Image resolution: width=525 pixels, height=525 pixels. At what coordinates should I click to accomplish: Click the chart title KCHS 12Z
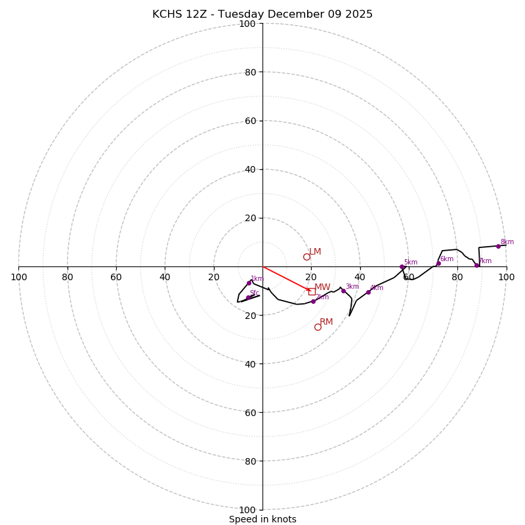(262, 14)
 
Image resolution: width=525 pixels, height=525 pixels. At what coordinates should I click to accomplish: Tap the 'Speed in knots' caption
(262, 519)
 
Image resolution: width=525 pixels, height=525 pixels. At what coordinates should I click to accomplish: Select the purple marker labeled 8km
(498, 246)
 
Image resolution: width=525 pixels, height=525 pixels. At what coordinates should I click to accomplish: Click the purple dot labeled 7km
(477, 265)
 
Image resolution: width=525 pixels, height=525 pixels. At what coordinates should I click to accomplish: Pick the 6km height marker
(438, 264)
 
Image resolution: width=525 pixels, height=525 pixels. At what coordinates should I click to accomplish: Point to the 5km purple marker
(402, 266)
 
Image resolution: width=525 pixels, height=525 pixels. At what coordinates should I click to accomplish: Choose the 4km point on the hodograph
(368, 292)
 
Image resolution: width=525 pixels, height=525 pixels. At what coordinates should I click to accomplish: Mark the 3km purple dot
(343, 291)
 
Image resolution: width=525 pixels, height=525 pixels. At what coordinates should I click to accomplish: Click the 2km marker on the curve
(313, 301)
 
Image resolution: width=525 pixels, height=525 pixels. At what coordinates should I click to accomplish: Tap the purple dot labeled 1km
(249, 283)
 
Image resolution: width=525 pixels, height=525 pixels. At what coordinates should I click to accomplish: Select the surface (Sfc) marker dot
(248, 298)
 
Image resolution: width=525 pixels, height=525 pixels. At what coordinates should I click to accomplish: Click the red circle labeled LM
(306, 257)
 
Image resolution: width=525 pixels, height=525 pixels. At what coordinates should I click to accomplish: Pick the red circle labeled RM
(318, 327)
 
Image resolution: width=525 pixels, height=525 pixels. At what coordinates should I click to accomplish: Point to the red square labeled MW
(312, 291)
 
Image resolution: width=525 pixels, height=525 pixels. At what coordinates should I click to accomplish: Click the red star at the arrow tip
(307, 289)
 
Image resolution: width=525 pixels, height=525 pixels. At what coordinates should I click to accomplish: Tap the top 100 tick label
(247, 24)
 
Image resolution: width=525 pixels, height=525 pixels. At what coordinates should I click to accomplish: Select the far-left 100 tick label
(18, 277)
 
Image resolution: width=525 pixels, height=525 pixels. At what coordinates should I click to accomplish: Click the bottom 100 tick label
(247, 510)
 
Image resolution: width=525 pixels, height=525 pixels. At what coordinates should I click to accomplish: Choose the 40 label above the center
(250, 169)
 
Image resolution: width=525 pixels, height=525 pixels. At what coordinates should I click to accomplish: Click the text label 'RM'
(326, 322)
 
